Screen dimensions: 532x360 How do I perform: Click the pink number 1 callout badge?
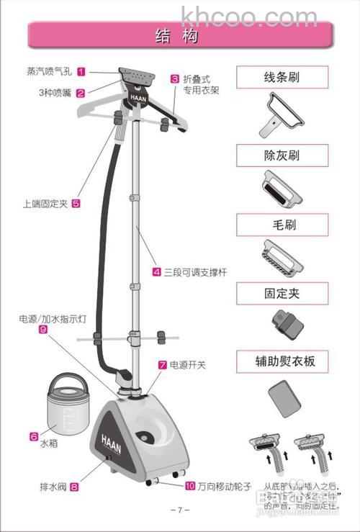tap(81, 71)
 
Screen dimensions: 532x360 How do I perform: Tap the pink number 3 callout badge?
tap(174, 79)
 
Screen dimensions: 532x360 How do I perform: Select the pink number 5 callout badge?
tap(76, 204)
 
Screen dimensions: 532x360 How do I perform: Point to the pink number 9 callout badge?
tap(43, 329)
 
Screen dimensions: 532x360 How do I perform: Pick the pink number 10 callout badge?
tap(189, 486)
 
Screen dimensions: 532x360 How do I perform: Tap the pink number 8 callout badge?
tap(74, 487)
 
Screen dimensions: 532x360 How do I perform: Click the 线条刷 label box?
tap(282, 77)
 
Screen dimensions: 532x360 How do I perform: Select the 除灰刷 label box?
tap(282, 155)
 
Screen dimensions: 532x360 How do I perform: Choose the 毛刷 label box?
tap(282, 225)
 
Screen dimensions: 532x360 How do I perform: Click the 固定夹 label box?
tap(282, 293)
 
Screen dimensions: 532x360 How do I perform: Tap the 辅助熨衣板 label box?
tap(282, 361)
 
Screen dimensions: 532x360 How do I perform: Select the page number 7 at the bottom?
tap(179, 510)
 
